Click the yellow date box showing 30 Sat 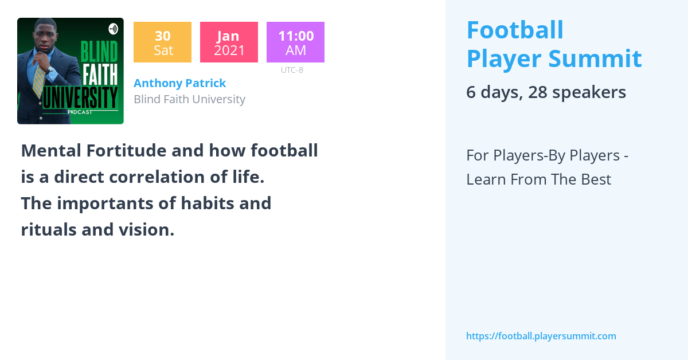(x=162, y=42)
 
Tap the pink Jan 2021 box (x=229, y=42)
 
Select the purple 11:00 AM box (x=295, y=42)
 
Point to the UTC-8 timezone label (x=292, y=70)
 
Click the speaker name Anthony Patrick (x=179, y=83)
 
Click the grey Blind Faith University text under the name (x=189, y=99)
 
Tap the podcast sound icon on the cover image (x=113, y=29)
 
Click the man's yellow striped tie (x=40, y=80)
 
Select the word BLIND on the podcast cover (x=99, y=52)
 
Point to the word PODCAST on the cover (x=80, y=112)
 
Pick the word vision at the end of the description (x=148, y=229)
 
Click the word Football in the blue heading (x=515, y=30)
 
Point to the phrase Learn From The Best (x=538, y=179)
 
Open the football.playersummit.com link (x=541, y=336)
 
